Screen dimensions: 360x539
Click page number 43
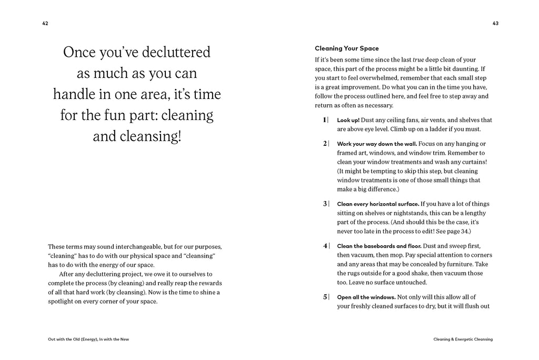pos(495,23)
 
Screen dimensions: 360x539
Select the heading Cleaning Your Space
pos(346,48)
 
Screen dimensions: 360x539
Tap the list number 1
pos(324,120)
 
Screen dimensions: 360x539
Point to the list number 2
pos(324,143)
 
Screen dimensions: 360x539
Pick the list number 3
pos(324,204)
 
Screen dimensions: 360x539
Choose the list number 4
pos(324,246)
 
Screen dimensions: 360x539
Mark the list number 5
pos(324,297)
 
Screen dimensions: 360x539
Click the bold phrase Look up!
pos(348,120)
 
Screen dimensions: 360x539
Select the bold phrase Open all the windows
pos(366,297)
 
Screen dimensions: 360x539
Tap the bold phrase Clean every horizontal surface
pos(377,204)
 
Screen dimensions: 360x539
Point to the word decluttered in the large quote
pos(171,53)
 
